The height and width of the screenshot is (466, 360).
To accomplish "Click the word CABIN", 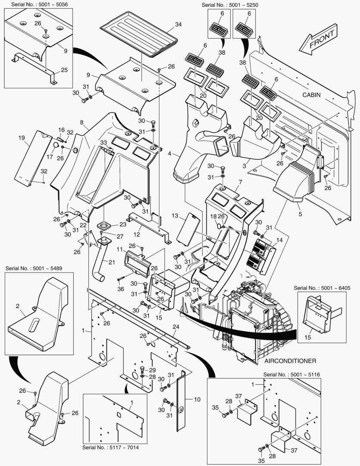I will (311, 95).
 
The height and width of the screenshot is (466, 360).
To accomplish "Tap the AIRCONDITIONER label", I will (291, 361).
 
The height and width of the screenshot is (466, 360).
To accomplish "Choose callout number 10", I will (197, 399).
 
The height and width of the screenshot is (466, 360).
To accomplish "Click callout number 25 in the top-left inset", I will (64, 69).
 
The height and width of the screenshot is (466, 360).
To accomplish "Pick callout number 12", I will (137, 234).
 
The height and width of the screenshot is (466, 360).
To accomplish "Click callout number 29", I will (152, 370).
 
